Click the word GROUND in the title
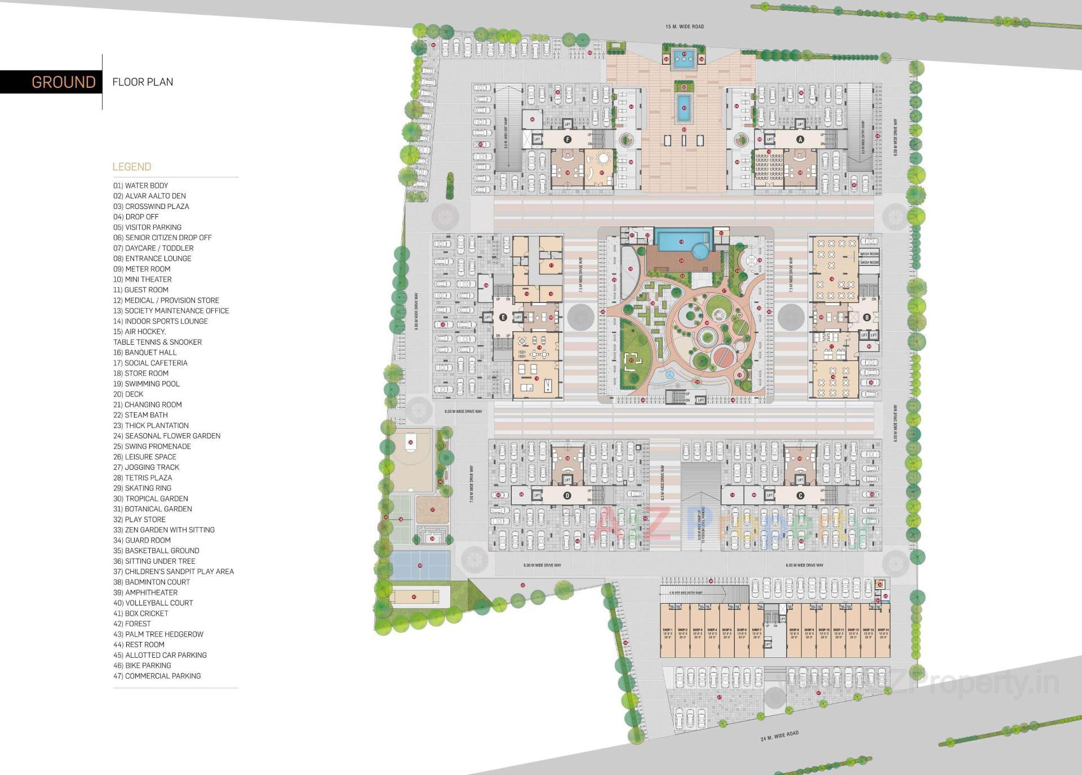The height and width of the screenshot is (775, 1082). [x=63, y=82]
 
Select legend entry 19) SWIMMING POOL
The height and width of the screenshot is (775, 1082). [x=147, y=384]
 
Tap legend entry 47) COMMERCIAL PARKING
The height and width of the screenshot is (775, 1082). [x=157, y=676]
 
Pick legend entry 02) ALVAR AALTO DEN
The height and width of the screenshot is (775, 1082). [x=149, y=196]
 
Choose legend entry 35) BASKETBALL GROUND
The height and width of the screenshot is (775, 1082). [x=156, y=550]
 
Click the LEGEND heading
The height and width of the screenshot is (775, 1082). [x=132, y=167]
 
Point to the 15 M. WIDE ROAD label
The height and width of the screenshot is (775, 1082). [x=684, y=26]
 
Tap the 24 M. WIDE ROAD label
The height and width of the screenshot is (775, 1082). [x=779, y=736]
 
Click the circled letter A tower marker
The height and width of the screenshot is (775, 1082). [x=800, y=139]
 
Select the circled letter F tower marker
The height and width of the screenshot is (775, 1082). [x=567, y=139]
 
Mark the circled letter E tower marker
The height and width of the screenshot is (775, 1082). [x=503, y=317]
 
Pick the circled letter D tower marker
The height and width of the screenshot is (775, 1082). [x=567, y=496]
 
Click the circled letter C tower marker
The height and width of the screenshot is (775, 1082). [x=800, y=496]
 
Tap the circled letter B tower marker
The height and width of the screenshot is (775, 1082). [x=867, y=317]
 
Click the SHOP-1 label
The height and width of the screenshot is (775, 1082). [x=668, y=630]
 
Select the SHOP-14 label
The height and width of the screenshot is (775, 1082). [x=883, y=630]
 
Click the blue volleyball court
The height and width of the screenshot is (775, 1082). [x=420, y=565]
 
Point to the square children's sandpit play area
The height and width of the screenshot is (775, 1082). [x=432, y=510]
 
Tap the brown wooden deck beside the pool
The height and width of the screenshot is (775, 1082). [x=682, y=261]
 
